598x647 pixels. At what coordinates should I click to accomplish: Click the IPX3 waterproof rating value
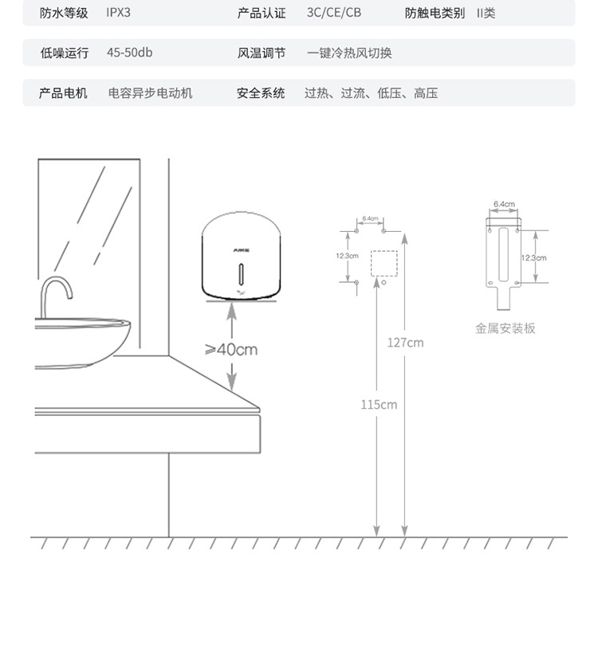118,14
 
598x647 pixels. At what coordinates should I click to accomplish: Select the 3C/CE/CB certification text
334,14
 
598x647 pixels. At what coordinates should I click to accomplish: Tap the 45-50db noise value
129,53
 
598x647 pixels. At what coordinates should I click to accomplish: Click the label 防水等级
64,14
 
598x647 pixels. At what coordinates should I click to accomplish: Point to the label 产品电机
64,93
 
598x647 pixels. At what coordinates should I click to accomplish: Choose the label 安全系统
261,93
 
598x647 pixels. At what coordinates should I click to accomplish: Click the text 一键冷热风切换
349,53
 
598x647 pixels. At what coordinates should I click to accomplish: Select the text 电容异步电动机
151,93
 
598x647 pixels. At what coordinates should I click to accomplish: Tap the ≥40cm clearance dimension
231,349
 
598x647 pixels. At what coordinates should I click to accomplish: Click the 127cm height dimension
405,343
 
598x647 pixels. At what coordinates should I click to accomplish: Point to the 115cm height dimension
378,405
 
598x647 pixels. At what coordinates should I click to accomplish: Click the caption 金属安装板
506,328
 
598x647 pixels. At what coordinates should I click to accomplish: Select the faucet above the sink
57,294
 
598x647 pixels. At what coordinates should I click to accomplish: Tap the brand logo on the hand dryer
242,249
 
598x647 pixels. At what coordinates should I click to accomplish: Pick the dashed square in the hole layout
384,262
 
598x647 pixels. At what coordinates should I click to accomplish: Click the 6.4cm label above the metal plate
504,205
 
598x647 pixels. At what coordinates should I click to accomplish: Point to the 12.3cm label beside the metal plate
534,257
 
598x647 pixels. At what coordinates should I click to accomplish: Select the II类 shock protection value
486,14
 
